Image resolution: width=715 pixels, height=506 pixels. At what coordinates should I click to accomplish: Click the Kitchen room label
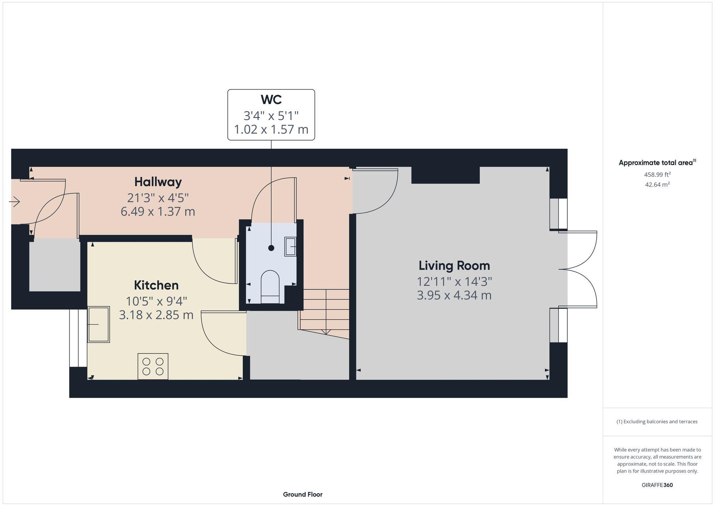[156, 285]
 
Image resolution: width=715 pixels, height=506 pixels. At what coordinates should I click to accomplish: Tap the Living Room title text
[454, 266]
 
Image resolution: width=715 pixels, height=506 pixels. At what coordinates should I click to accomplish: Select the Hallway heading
[158, 182]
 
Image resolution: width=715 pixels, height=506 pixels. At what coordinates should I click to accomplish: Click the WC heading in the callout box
[271, 99]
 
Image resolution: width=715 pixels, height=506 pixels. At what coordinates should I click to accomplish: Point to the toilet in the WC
[270, 286]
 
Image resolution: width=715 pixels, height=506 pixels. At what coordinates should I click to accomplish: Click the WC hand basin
[290, 246]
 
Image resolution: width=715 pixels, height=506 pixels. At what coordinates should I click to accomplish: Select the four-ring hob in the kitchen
[153, 366]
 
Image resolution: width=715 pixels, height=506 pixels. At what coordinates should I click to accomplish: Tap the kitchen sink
[99, 324]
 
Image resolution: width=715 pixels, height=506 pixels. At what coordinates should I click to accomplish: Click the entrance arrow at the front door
[14, 202]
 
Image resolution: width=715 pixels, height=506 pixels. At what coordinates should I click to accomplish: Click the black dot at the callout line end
[271, 248]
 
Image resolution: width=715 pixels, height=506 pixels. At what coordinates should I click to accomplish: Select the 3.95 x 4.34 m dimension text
[454, 295]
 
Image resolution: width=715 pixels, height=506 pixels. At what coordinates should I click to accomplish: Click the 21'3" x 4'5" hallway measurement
[158, 197]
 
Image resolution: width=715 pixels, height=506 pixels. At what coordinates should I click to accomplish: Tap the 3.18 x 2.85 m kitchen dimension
[156, 315]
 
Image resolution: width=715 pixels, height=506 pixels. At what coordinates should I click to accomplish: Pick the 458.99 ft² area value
[657, 175]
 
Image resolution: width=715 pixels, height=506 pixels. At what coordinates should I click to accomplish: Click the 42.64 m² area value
[657, 185]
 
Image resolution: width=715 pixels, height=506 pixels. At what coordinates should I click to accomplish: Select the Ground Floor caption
[302, 494]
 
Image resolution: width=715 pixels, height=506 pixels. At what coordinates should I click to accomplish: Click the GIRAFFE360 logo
[657, 485]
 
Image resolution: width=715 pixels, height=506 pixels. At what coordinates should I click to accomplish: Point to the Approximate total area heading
[657, 163]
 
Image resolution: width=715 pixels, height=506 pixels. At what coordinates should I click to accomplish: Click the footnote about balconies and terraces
[657, 422]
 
